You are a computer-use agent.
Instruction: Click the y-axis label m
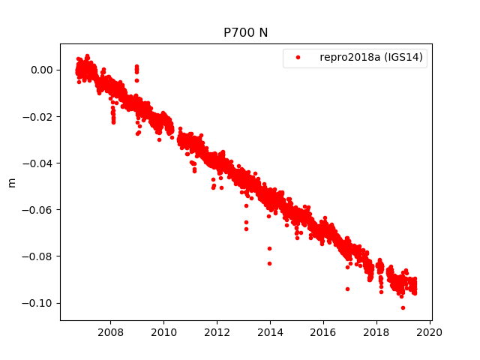(11, 182)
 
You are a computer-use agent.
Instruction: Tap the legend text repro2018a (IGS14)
(373, 58)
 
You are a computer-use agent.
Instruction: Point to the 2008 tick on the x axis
(111, 331)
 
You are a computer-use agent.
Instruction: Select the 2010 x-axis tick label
(164, 331)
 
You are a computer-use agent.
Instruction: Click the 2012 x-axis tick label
(217, 331)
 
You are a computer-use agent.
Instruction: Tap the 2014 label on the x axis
(271, 331)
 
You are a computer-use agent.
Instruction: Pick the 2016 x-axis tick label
(323, 331)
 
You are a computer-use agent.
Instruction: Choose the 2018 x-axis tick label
(376, 331)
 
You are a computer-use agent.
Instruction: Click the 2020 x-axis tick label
(430, 331)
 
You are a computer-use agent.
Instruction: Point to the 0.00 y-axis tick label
(42, 70)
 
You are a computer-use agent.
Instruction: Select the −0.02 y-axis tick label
(39, 116)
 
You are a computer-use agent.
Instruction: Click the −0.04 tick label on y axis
(39, 163)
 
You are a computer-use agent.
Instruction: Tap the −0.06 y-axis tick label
(39, 209)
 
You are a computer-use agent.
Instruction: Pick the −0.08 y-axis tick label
(39, 256)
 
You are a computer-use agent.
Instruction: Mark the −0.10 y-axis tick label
(39, 303)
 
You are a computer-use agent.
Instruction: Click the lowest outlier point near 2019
(403, 307)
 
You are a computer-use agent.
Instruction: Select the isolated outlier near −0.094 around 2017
(347, 289)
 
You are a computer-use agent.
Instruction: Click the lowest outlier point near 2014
(269, 263)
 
